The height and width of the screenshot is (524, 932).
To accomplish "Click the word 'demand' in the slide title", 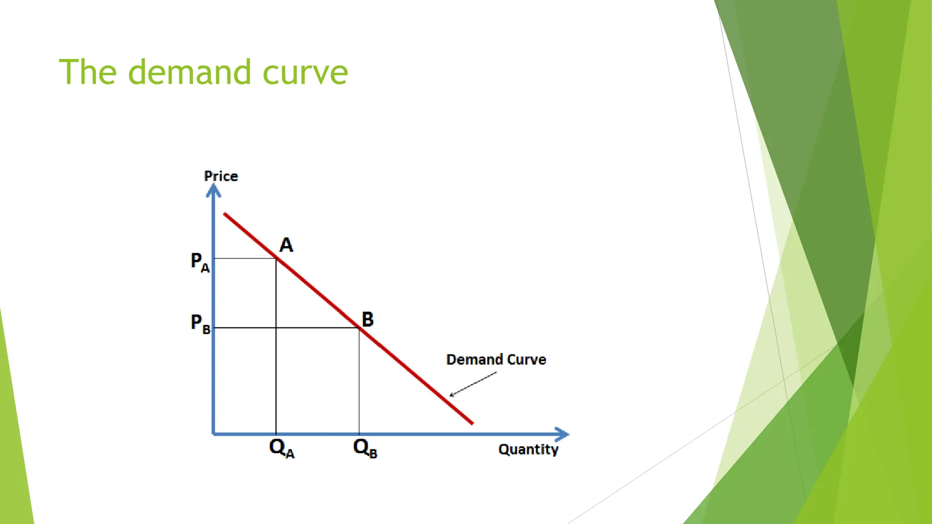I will tap(189, 72).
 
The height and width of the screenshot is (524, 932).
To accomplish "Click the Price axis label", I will tap(221, 176).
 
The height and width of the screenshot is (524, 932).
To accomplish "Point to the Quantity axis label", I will tap(528, 449).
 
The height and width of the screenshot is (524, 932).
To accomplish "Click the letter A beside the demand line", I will tap(286, 245).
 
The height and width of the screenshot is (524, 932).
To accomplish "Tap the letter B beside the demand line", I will tap(367, 319).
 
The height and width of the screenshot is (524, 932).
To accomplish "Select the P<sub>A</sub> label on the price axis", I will tap(200, 262).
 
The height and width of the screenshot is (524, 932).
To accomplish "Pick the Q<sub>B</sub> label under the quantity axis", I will tap(365, 448).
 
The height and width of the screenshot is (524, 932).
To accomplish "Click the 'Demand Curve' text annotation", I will tap(496, 359).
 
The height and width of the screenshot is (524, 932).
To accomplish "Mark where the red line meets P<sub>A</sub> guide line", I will tap(276, 258).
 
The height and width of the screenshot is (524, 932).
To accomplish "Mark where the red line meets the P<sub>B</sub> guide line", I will tap(359, 327).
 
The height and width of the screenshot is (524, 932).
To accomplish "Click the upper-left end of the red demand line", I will tap(225, 214).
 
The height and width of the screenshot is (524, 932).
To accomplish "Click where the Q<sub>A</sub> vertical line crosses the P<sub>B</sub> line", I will tap(276, 327).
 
